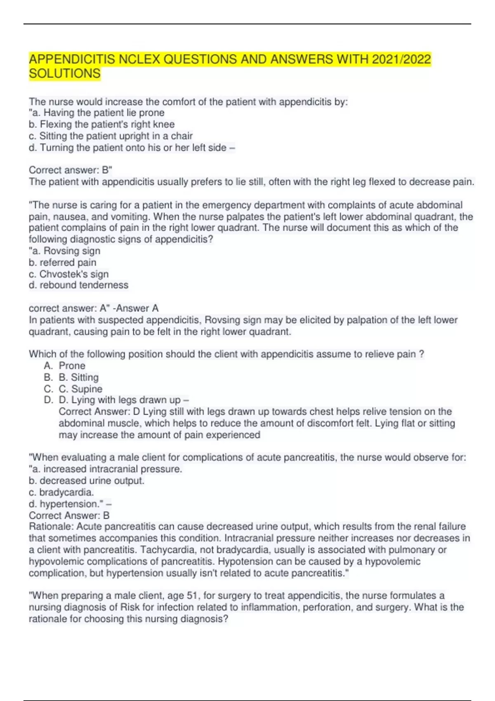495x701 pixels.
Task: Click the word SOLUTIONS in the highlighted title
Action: click(x=65, y=73)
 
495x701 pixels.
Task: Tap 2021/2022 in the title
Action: click(x=401, y=59)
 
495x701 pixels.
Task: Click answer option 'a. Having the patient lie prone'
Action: click(x=97, y=113)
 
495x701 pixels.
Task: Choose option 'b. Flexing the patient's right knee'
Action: click(x=102, y=124)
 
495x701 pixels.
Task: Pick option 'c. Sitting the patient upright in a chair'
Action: click(x=111, y=136)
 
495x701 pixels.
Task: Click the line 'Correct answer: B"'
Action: click(x=71, y=170)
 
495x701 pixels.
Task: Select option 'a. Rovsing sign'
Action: click(x=65, y=251)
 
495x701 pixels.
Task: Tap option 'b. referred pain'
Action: click(x=63, y=262)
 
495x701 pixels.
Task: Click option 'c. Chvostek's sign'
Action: click(x=69, y=274)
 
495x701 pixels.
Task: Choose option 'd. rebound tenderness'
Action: click(x=79, y=285)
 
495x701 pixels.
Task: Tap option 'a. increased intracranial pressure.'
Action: click(x=106, y=469)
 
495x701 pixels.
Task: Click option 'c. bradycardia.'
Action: click(x=61, y=492)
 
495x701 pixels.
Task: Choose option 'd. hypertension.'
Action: click(x=67, y=503)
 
